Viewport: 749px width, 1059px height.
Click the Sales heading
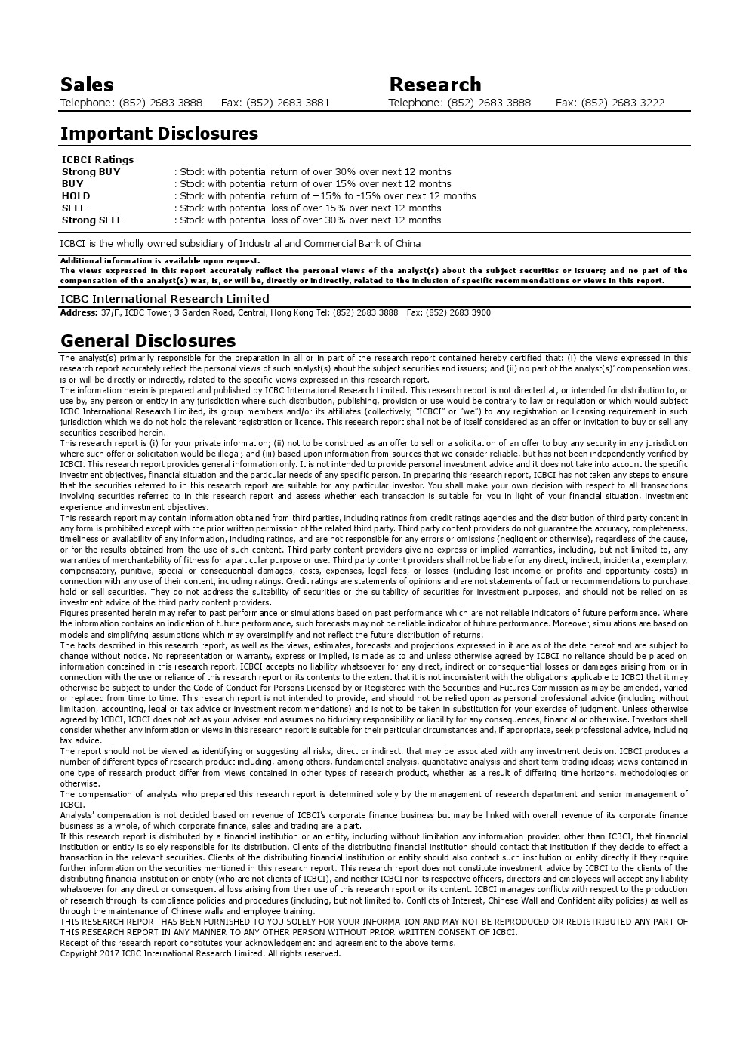coord(87,85)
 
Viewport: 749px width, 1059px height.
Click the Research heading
coord(435,85)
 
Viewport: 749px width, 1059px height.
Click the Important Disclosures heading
coord(159,134)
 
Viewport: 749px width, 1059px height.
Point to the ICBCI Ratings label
coord(97,159)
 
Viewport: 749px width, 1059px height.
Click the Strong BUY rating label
coord(91,171)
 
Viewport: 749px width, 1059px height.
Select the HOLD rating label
coord(76,195)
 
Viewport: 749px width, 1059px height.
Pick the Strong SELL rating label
coord(91,220)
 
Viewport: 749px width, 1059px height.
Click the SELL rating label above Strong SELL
coord(73,208)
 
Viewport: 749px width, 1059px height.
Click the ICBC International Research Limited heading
coord(165,298)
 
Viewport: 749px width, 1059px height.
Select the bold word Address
coord(79,312)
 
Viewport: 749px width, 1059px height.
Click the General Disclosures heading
coord(147,341)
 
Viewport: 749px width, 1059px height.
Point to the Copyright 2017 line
coord(200,953)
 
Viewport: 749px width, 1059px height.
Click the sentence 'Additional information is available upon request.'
coord(149,260)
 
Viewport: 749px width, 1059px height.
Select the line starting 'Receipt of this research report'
coord(257,943)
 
